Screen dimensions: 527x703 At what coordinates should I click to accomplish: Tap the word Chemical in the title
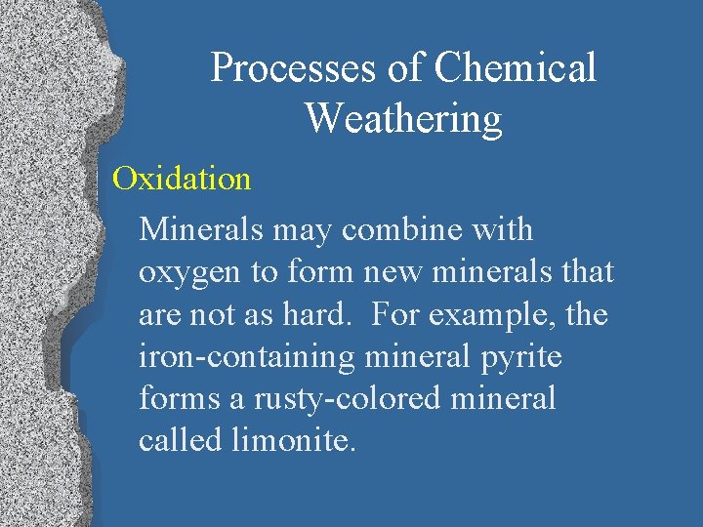(515, 68)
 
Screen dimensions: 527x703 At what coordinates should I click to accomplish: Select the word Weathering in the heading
(403, 118)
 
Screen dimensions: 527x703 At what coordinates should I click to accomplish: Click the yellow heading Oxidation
(182, 179)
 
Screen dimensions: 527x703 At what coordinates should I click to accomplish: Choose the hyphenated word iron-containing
(247, 357)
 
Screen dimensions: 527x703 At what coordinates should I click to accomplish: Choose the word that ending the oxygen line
(587, 273)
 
